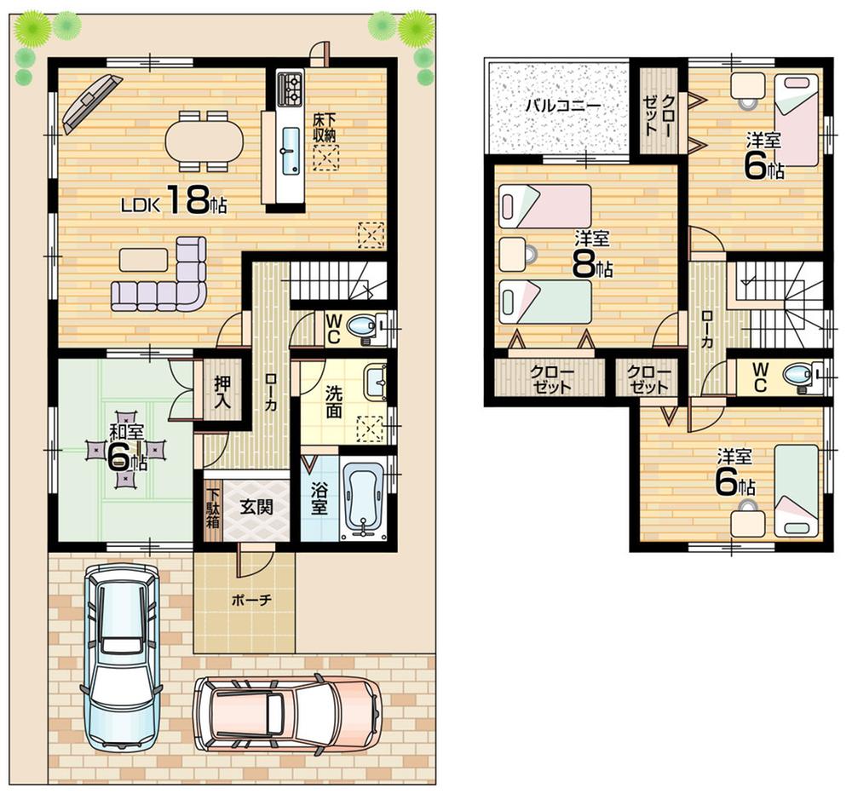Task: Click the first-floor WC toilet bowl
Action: [364, 325]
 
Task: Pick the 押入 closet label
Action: [222, 391]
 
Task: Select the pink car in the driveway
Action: [285, 712]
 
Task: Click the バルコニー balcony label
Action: [561, 106]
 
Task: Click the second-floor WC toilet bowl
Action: [797, 375]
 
